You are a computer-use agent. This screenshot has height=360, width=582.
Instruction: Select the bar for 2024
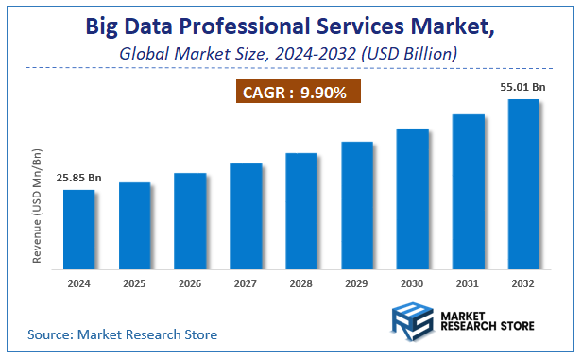[x=78, y=230]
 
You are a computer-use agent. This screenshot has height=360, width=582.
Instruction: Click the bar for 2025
[x=134, y=226]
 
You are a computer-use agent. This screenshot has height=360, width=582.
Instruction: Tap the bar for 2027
[x=246, y=216]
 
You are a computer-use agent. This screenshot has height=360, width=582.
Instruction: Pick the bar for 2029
[x=357, y=205]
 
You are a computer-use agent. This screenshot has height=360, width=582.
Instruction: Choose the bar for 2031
[x=469, y=192]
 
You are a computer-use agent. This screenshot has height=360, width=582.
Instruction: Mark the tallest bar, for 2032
[x=523, y=184]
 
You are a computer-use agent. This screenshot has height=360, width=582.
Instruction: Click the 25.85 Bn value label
[x=79, y=177]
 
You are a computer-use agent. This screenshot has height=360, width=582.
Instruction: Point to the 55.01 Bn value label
[x=523, y=86]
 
